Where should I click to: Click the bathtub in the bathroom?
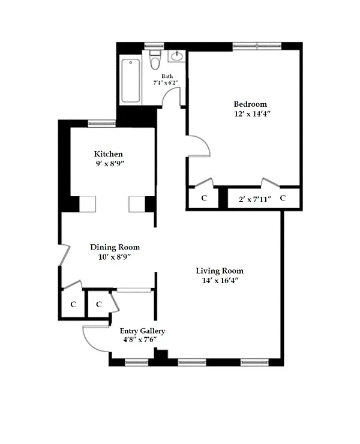pyautogui.click(x=131, y=80)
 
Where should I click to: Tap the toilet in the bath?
pyautogui.click(x=155, y=61)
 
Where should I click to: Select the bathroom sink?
pyautogui.click(x=177, y=56)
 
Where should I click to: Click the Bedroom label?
pyautogui.click(x=250, y=104)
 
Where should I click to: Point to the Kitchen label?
pyautogui.click(x=109, y=154)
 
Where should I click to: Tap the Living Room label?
pyautogui.click(x=220, y=271)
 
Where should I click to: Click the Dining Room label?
pyautogui.click(x=115, y=247)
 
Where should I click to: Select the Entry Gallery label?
pyautogui.click(x=142, y=331)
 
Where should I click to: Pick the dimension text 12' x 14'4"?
pyautogui.click(x=253, y=114)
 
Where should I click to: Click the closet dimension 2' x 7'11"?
pyautogui.click(x=255, y=199)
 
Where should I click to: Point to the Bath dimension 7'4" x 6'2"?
pyautogui.click(x=166, y=83)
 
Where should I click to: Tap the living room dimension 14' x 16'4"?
pyautogui.click(x=220, y=281)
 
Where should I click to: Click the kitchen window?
pyautogui.click(x=101, y=124)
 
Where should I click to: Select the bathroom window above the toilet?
pyautogui.click(x=154, y=46)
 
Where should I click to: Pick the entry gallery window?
pyautogui.click(x=137, y=362)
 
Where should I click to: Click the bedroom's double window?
pyautogui.click(x=257, y=46)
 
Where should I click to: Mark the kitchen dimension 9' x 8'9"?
pyautogui.click(x=110, y=164)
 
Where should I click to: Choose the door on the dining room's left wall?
pyautogui.click(x=65, y=255)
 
